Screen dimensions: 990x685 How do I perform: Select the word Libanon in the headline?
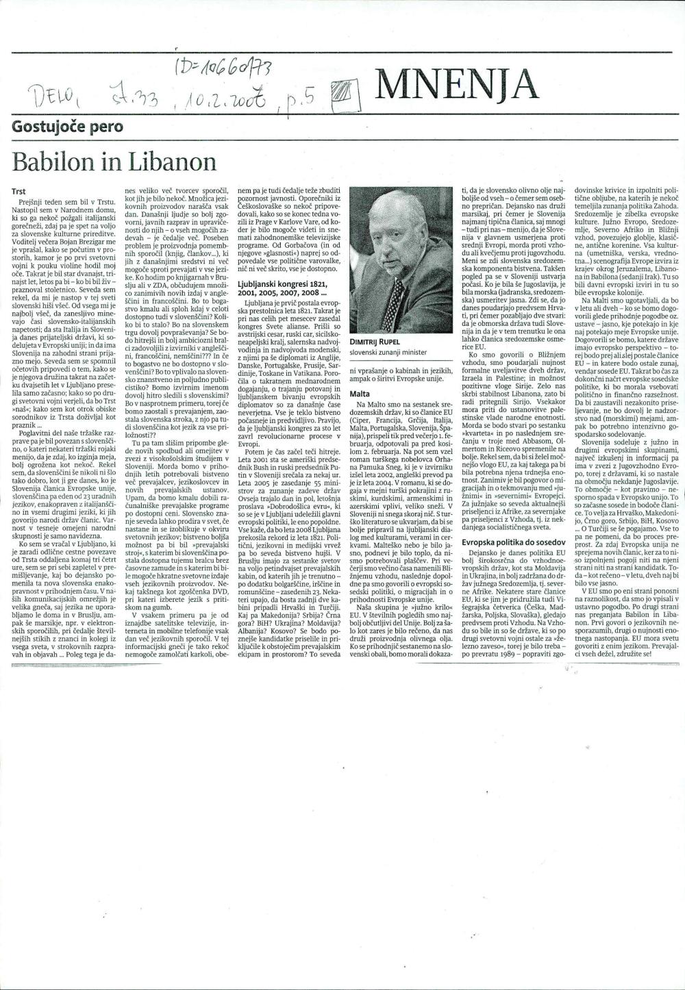click(x=171, y=162)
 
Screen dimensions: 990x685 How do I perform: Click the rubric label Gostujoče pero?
click(x=68, y=126)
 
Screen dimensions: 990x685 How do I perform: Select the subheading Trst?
click(x=20, y=192)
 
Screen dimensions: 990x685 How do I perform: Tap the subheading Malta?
click(x=360, y=394)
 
